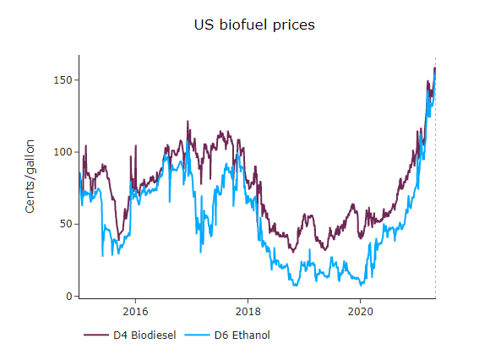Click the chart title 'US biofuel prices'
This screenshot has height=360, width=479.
pos(254,25)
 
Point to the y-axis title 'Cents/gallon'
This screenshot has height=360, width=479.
pos(30,177)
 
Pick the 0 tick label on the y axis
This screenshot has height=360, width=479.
pos(72,297)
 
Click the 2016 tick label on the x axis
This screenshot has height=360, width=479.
pos(135,310)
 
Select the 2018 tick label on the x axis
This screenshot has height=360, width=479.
pos(248,310)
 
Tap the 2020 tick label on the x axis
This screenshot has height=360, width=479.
pos(360,310)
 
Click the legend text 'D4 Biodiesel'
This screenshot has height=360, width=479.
pos(144,335)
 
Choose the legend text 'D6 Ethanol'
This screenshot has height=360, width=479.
pos(242,335)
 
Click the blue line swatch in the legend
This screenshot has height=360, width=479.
pos(198,335)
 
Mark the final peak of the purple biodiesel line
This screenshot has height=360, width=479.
pos(434,68)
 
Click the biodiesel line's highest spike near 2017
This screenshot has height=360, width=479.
pos(188,122)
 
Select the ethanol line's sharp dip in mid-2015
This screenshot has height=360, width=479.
pos(103,255)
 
